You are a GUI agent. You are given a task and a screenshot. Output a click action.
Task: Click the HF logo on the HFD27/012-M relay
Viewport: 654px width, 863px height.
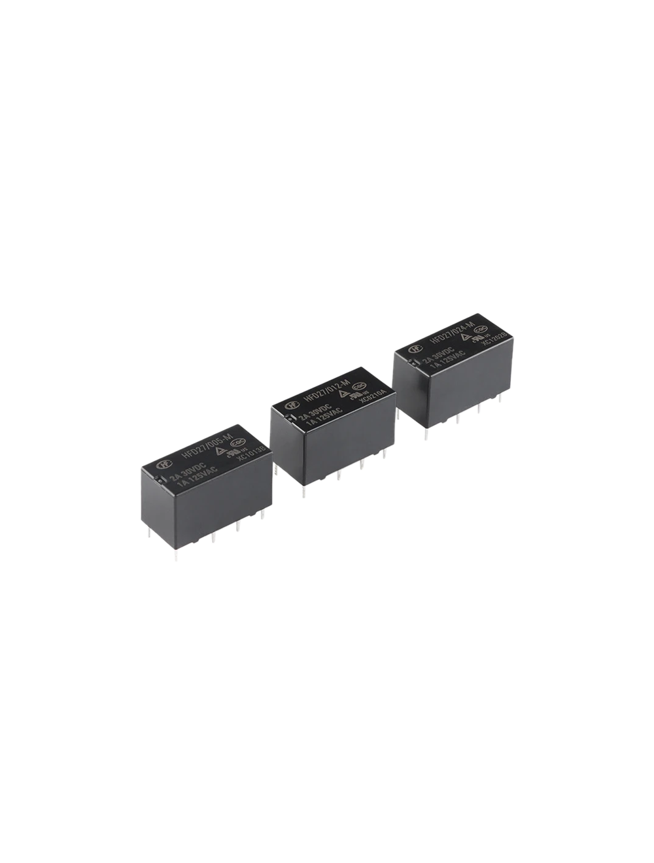coord(289,406)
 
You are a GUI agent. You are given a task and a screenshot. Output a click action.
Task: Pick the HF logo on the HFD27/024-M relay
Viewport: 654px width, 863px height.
coord(413,350)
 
